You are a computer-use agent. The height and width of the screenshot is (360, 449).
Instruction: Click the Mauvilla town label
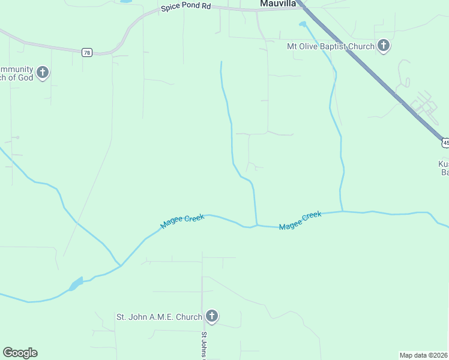278,4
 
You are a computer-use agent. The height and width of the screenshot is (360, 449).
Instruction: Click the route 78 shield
87,53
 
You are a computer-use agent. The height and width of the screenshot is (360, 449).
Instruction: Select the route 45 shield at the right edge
445,142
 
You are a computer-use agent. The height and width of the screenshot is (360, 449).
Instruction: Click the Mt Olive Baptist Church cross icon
384,46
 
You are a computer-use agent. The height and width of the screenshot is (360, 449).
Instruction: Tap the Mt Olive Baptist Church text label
331,46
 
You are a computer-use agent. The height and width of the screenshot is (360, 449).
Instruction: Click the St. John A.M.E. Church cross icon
211,316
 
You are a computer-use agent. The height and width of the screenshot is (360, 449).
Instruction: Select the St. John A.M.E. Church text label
158,316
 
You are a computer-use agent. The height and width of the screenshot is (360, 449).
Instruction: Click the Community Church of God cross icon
42,73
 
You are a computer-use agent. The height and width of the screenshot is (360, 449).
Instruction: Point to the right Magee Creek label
301,220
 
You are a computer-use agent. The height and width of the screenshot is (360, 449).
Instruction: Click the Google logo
20,353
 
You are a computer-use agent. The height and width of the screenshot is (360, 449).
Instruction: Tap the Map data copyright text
424,355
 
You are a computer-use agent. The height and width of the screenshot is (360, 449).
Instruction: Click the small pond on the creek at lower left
76,284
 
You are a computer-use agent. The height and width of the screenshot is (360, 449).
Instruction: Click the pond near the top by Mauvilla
303,24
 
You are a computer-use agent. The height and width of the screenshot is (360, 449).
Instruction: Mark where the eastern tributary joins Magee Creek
342,211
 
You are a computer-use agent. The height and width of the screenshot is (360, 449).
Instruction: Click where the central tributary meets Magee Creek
257,226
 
